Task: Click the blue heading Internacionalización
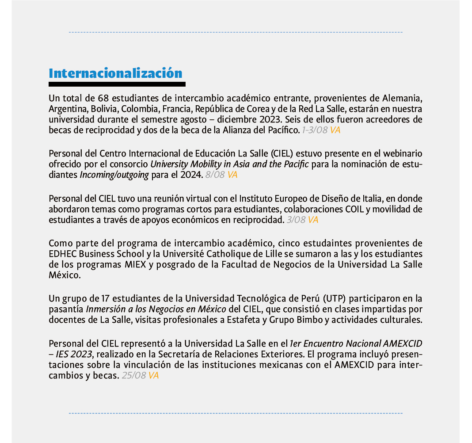coord(115,73)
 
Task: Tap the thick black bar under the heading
coord(117,84)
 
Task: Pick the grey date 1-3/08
coord(315,130)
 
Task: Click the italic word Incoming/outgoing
coord(114,175)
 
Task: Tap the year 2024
coord(193,175)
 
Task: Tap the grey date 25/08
coord(133,376)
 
